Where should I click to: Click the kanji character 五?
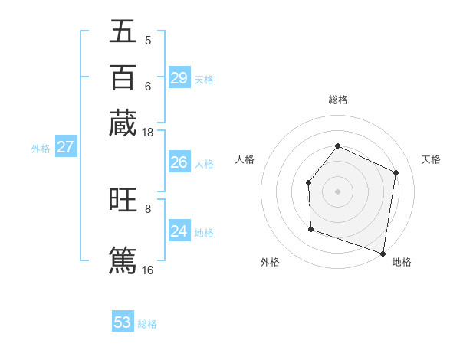coord(123,31)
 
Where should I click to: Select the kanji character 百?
coord(123,77)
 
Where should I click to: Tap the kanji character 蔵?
coord(123,123)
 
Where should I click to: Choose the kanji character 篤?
coord(123,259)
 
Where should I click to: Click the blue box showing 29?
coord(179,78)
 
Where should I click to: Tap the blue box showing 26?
coord(179,162)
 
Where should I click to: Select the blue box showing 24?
coord(179,231)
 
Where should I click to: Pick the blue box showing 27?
coord(65,147)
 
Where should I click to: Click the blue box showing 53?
coord(123,322)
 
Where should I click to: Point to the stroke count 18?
coord(148,133)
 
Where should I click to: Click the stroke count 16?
coord(148,270)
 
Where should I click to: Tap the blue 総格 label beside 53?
coord(147,324)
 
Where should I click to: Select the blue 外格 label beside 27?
coord(40,149)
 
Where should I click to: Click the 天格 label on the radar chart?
coord(431,159)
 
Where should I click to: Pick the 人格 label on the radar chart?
coord(245,159)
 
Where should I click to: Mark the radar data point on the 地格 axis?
coord(383,253)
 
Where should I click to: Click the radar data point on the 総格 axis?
coord(337,146)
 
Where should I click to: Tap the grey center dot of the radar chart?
coord(337,191)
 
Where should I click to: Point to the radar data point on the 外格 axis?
coord(310,229)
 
